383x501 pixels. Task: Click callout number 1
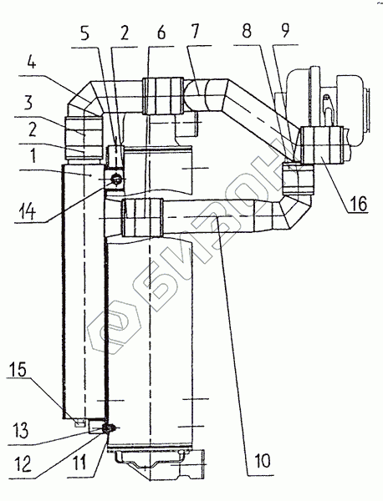[x=32, y=155]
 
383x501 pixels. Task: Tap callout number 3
[x=28, y=104]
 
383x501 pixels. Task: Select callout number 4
[x=31, y=63]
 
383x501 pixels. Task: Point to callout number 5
[x=84, y=33]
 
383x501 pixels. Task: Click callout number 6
[x=161, y=33]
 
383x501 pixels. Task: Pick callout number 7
[x=194, y=32]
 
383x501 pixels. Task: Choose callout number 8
[x=247, y=31]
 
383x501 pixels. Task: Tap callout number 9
[x=284, y=30]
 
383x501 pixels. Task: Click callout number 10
[x=263, y=460]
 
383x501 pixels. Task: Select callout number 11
[x=79, y=463]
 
